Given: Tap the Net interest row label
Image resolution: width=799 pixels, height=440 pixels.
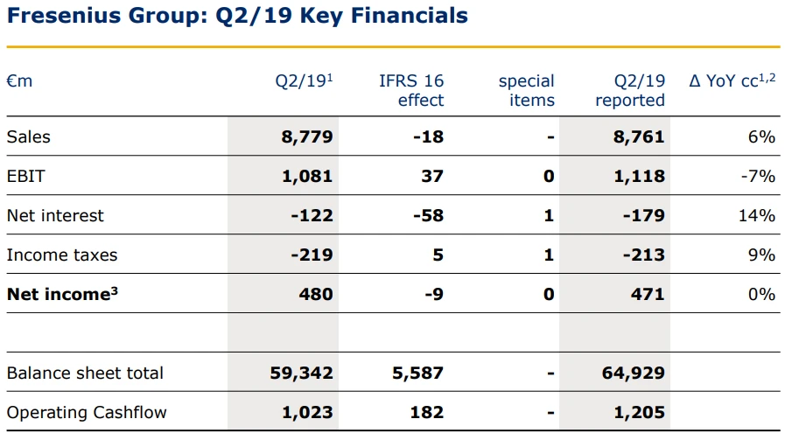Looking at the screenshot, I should click(x=55, y=215).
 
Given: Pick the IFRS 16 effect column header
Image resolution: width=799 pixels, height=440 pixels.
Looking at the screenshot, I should click(x=411, y=90).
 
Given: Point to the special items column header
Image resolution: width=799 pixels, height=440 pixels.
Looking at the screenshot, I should click(x=526, y=90).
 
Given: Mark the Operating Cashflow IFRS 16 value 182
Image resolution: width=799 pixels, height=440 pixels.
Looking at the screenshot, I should click(x=426, y=412).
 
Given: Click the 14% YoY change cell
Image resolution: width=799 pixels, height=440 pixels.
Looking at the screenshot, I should click(x=758, y=215).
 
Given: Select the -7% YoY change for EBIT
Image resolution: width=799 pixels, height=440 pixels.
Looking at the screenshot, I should click(x=758, y=176).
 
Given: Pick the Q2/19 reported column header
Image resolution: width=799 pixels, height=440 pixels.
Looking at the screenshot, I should click(x=630, y=90).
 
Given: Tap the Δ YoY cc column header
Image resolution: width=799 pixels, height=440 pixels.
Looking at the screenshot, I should click(x=732, y=81).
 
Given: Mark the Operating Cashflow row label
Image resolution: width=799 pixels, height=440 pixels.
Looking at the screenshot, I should click(x=87, y=412).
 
